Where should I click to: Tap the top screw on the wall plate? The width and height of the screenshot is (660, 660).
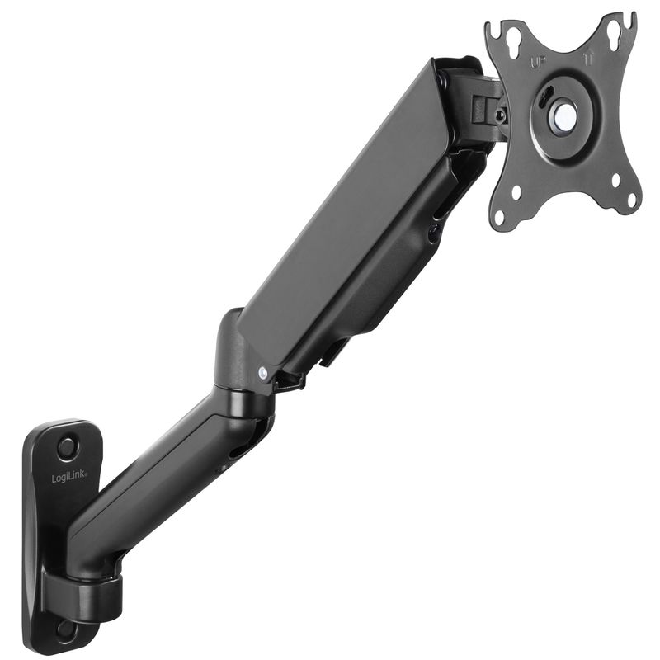(x=66, y=445)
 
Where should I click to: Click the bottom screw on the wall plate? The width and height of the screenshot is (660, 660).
(x=64, y=629)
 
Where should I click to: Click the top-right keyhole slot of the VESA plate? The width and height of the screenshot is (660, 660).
(x=614, y=33)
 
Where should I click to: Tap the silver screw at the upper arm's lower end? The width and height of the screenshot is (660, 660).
(x=262, y=373)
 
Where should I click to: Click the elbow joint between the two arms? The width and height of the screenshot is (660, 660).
(x=239, y=363)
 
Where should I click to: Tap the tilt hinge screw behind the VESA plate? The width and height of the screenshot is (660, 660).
(x=501, y=116)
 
